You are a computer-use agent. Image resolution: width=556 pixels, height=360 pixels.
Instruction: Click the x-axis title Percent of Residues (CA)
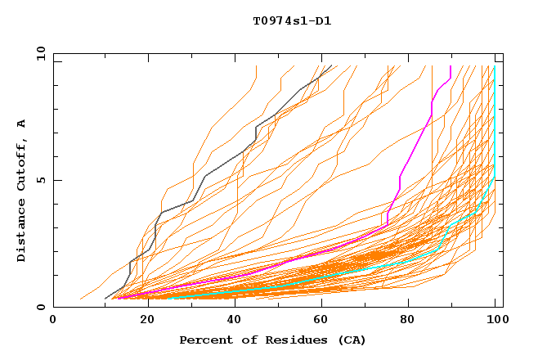click(x=272, y=340)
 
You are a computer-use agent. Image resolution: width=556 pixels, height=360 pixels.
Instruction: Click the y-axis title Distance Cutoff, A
click(x=21, y=190)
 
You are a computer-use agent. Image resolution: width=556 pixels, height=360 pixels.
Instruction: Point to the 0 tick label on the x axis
click(x=53, y=322)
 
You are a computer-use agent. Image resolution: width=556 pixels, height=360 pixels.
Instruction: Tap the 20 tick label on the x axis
click(x=141, y=322)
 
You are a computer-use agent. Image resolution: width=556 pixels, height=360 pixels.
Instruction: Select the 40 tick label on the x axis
click(x=230, y=322)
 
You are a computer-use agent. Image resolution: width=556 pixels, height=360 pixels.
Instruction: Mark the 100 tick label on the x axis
click(x=495, y=322)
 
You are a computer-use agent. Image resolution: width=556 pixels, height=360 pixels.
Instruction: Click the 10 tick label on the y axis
click(x=39, y=53)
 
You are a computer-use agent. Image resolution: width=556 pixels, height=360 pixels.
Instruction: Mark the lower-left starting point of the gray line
click(x=105, y=299)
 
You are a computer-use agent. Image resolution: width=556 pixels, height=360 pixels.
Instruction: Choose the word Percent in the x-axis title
click(x=204, y=340)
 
